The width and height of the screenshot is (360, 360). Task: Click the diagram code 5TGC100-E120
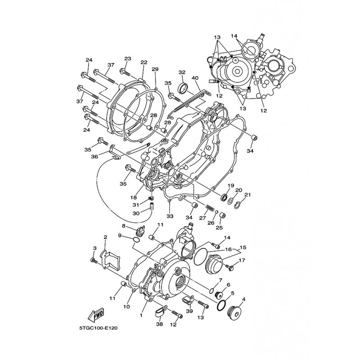click(x=98, y=328)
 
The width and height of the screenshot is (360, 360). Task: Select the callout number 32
click(x=182, y=72)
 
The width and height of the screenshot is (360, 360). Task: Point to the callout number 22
click(x=144, y=63)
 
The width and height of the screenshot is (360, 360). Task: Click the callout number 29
click(x=155, y=69)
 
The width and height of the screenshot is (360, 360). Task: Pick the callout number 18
click(x=134, y=198)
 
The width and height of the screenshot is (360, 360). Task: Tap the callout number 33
click(x=170, y=216)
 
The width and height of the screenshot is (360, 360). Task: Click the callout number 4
click(x=243, y=299)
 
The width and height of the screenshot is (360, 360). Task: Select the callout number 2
click(x=105, y=237)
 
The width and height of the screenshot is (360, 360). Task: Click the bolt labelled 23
click(x=125, y=72)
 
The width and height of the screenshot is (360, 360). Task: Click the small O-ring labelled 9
click(x=136, y=240)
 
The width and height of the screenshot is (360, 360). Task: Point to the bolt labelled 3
click(x=94, y=261)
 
